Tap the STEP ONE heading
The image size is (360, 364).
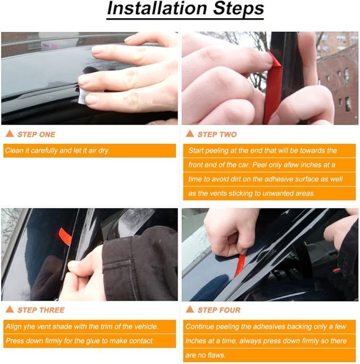coord(36,135)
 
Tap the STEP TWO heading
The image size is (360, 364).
coord(217,135)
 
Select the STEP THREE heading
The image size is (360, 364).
coord(41,310)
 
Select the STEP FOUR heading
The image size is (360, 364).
coord(219,310)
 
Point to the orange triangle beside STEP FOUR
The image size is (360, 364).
coord(190,309)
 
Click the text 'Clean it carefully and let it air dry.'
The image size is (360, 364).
coord(57,151)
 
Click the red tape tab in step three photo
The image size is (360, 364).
coord(65,236)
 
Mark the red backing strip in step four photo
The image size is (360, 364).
coord(240,263)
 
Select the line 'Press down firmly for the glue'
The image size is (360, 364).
coord(80,341)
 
